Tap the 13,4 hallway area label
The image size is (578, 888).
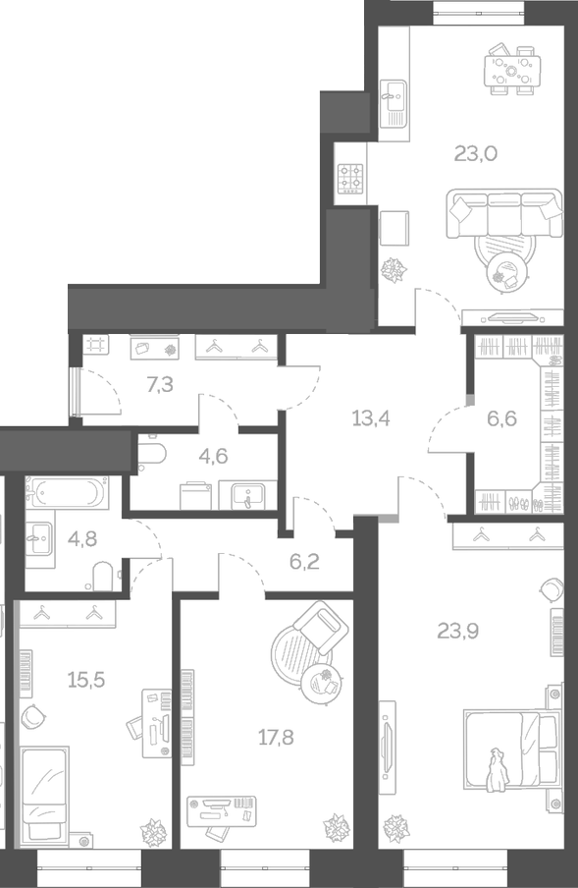coord(371,417)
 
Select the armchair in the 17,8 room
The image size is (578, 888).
coord(313,630)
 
